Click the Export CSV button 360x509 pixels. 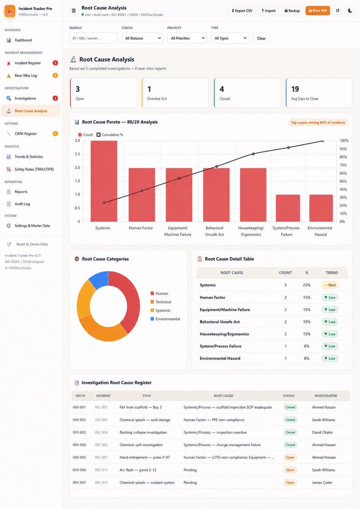(x=242, y=11)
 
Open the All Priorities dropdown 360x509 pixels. (x=187, y=38)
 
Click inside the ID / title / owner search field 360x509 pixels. (x=93, y=38)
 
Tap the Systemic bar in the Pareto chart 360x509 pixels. (x=104, y=181)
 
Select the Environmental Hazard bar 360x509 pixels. (x=321, y=208)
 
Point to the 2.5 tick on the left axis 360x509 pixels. (x=77, y=154)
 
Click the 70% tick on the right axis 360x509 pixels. (x=343, y=165)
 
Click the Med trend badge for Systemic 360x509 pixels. (x=330, y=285)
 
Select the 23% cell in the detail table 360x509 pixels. (x=306, y=285)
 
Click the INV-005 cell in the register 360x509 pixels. (x=79, y=457)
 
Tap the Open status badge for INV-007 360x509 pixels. (x=290, y=483)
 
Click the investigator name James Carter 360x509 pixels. (x=322, y=483)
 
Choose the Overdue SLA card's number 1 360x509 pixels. (x=149, y=89)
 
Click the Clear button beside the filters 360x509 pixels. (x=262, y=38)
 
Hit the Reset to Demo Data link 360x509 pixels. (x=32, y=244)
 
